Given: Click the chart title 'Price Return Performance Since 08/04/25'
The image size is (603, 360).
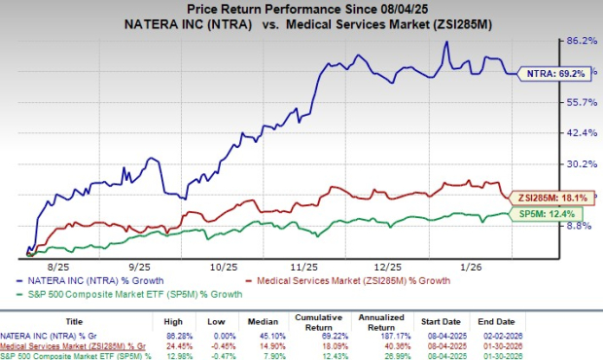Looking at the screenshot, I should pos(302,9).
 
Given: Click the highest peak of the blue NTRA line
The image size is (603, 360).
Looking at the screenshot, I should pos(444,42).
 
